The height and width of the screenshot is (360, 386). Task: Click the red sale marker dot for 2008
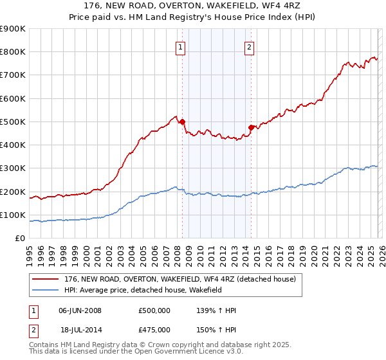tap(182, 122)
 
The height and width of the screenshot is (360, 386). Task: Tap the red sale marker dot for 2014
tap(251, 127)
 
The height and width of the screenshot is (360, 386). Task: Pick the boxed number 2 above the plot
tap(249, 46)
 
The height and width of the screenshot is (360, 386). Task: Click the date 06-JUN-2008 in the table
tap(80, 310)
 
